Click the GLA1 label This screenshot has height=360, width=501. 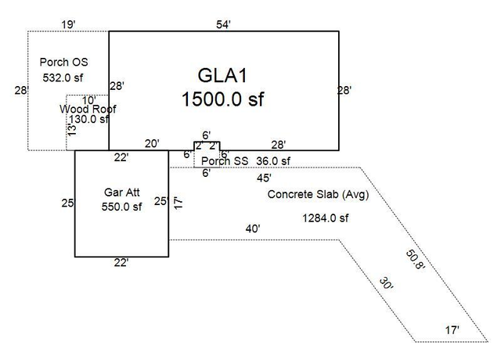(222, 76)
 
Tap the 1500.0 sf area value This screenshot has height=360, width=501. (222, 99)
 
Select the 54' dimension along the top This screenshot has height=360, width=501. (223, 24)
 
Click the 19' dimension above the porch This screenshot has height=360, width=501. (68, 24)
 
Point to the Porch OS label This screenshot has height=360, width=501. (63, 62)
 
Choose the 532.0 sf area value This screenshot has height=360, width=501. (63, 77)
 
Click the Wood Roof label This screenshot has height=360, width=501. (88, 109)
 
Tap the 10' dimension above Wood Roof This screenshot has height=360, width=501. (88, 100)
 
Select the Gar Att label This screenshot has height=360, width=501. (122, 193)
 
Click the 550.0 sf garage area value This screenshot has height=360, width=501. (121, 207)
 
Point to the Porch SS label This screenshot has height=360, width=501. (225, 161)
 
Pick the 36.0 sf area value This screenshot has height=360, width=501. (273, 161)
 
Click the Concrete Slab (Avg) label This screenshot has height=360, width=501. (319, 194)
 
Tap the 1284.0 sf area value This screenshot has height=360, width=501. (326, 218)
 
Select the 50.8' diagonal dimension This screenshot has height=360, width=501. (416, 260)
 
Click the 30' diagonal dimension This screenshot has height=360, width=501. (386, 283)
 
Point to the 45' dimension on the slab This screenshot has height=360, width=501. (264, 178)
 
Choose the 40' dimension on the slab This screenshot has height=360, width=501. (253, 229)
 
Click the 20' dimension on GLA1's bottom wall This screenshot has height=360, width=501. (152, 144)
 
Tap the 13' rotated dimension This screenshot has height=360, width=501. (73, 130)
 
